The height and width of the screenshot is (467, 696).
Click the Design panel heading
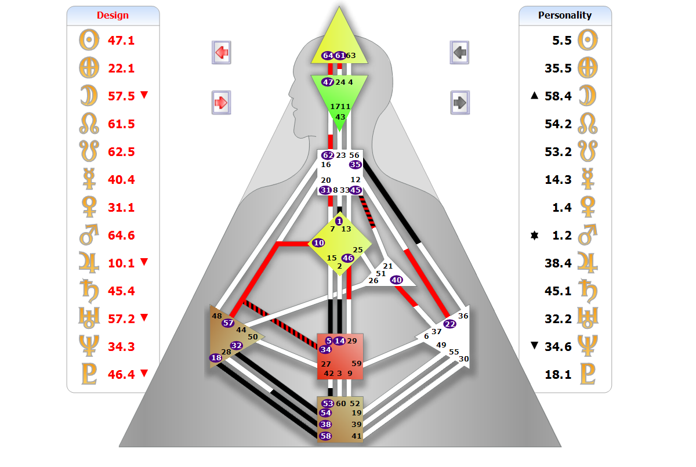pyautogui.click(x=113, y=15)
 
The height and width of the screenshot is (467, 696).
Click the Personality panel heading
pyautogui.click(x=564, y=15)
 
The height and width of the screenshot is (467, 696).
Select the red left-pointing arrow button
pyautogui.click(x=221, y=52)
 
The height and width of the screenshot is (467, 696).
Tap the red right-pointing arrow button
pyautogui.click(x=221, y=103)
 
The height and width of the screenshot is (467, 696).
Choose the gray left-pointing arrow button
pyautogui.click(x=459, y=52)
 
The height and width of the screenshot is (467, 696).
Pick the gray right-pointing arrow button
pyautogui.click(x=460, y=103)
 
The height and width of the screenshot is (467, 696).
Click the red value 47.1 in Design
pyautogui.click(x=121, y=41)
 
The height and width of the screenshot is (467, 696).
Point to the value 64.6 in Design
pyautogui.click(x=121, y=235)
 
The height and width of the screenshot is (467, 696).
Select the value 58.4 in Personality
pyautogui.click(x=558, y=96)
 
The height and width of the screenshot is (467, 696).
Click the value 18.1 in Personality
pyautogui.click(x=558, y=374)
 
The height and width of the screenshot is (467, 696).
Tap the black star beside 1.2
pyautogui.click(x=534, y=235)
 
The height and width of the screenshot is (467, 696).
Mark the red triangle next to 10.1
pyautogui.click(x=144, y=262)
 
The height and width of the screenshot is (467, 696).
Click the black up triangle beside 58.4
pyautogui.click(x=534, y=95)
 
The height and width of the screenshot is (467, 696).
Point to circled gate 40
pyautogui.click(x=397, y=280)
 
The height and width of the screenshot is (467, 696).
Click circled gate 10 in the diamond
pyautogui.click(x=318, y=242)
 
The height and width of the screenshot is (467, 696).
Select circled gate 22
pyautogui.click(x=449, y=324)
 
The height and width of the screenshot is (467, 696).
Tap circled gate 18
pyautogui.click(x=216, y=357)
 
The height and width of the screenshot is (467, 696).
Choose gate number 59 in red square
pyautogui.click(x=356, y=363)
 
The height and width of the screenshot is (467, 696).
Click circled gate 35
pyautogui.click(x=355, y=165)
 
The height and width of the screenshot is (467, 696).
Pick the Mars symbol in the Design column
pyautogui.click(x=89, y=234)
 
